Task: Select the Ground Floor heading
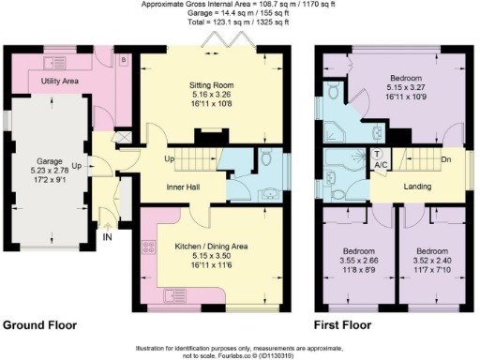tap(39, 325)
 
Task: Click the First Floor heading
tap(342, 325)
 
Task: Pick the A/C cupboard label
tap(380, 163)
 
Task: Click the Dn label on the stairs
tap(447, 158)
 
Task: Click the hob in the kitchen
tap(148, 248)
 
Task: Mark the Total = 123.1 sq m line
tap(239, 21)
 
